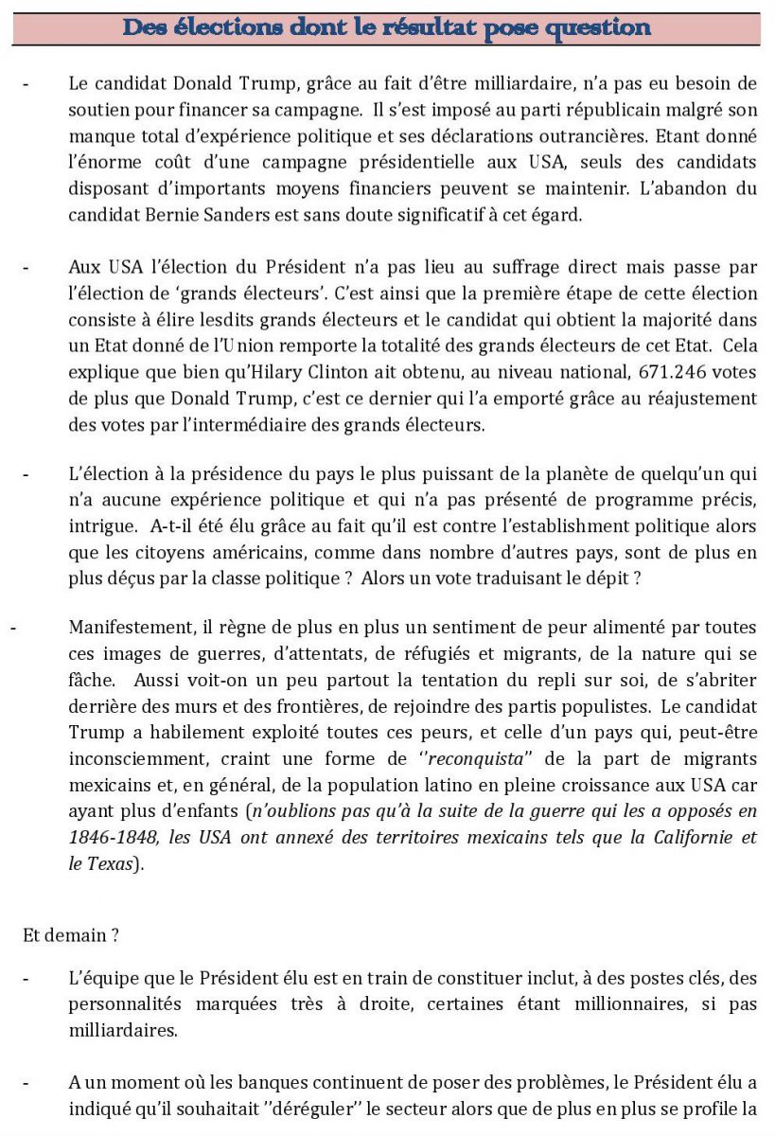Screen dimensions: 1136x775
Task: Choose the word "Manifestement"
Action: click(129, 627)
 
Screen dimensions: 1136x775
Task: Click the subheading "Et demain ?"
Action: click(71, 934)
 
